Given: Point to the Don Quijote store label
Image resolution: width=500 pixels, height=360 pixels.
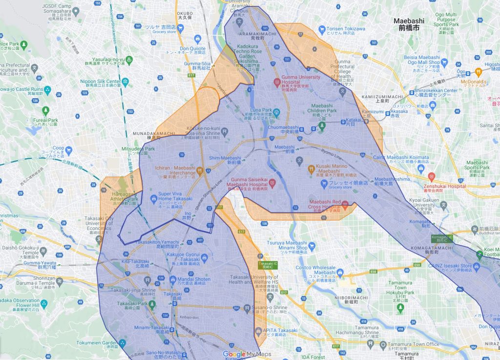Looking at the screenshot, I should pos(192,49).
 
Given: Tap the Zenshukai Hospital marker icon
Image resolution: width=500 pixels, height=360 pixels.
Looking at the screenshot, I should pos(431,176).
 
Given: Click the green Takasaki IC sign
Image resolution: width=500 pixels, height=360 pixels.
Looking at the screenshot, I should pos(267,265).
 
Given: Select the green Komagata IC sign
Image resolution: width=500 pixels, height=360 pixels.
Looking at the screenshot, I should pos(443,238).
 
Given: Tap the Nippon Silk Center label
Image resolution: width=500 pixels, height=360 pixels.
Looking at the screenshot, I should pos(101,81).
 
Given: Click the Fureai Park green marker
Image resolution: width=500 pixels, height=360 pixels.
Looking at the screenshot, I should pos(45,110).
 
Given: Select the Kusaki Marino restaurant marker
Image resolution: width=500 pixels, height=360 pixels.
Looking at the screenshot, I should pos(311,169).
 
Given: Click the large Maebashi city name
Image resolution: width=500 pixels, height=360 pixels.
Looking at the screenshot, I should pos(409,24).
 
